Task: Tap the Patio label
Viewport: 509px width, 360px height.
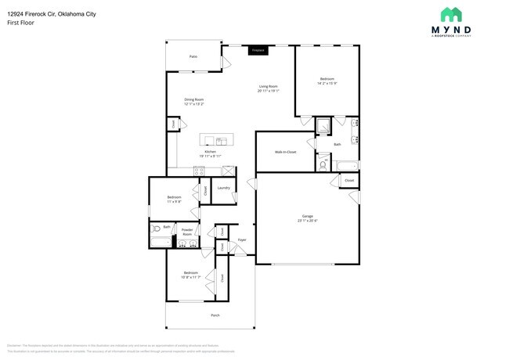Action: pyautogui.click(x=193, y=57)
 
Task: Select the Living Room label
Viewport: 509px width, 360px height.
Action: pyautogui.click(x=268, y=86)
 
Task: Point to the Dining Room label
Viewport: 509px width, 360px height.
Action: pyautogui.click(x=194, y=99)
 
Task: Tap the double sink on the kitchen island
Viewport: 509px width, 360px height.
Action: pyautogui.click(x=222, y=142)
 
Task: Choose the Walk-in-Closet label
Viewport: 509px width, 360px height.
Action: pyautogui.click(x=285, y=152)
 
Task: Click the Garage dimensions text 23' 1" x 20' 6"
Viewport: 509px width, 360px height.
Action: pyautogui.click(x=308, y=220)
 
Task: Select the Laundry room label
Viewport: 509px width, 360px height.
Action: pyautogui.click(x=223, y=188)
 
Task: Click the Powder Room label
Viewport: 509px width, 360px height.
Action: pyautogui.click(x=187, y=232)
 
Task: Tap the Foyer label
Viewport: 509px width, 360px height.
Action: pyautogui.click(x=242, y=239)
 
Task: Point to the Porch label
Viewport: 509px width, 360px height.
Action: pyautogui.click(x=215, y=315)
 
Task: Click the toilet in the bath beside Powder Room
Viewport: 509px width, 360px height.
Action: pyautogui.click(x=157, y=229)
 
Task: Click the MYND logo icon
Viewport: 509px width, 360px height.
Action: pyautogui.click(x=451, y=14)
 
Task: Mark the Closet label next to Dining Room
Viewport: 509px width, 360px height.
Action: pyautogui.click(x=173, y=124)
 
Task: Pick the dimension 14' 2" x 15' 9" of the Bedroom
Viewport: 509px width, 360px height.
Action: pyautogui.click(x=327, y=82)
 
